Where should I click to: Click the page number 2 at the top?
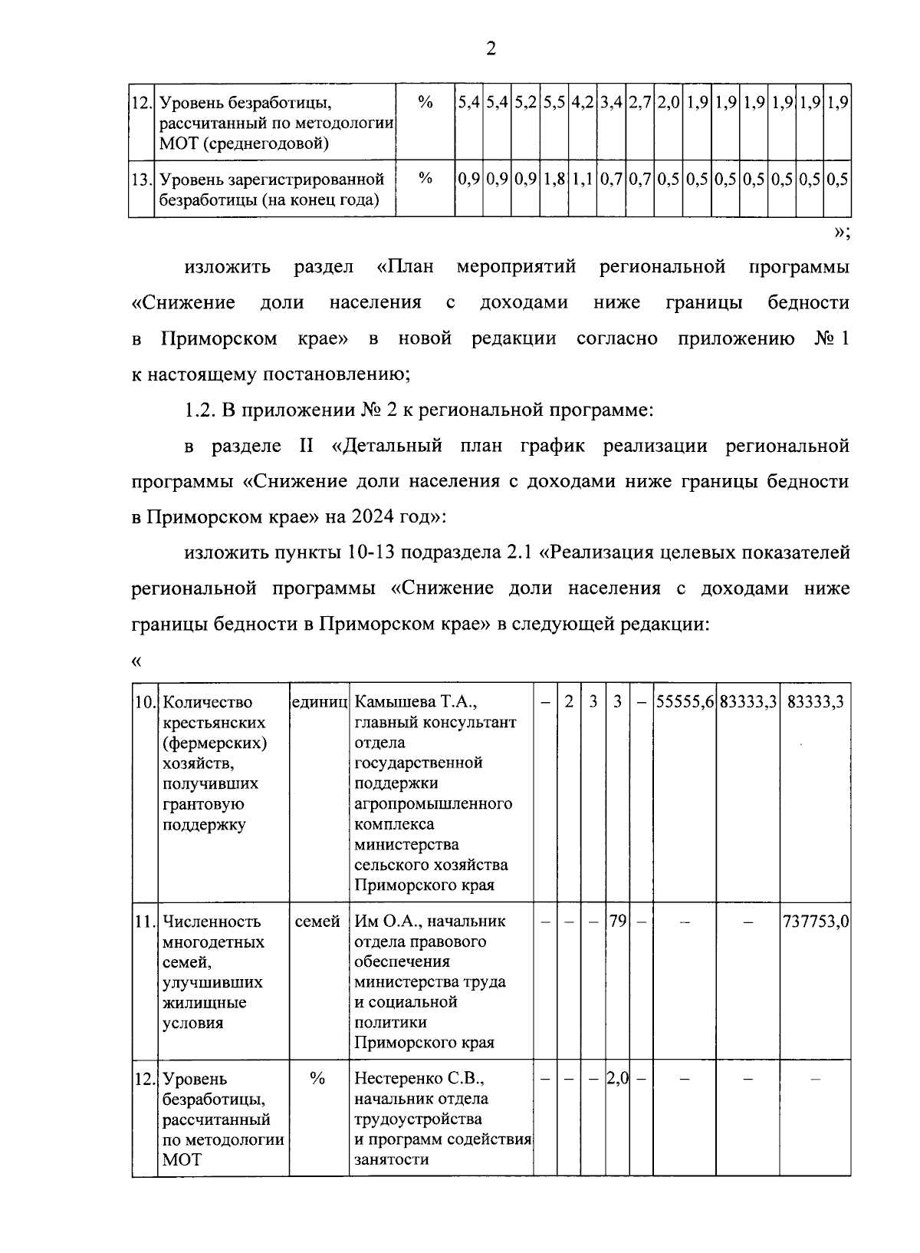[x=491, y=49]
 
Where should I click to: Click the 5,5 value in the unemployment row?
[x=554, y=102]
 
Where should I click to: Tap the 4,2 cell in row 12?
[x=583, y=102]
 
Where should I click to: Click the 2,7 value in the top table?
[x=640, y=102]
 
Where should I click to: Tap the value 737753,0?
[x=815, y=922]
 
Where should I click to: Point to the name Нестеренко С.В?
[x=419, y=1079]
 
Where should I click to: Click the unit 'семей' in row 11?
[x=318, y=922]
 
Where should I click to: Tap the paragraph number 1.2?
[x=199, y=411]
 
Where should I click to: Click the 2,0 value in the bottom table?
[x=617, y=1079]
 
